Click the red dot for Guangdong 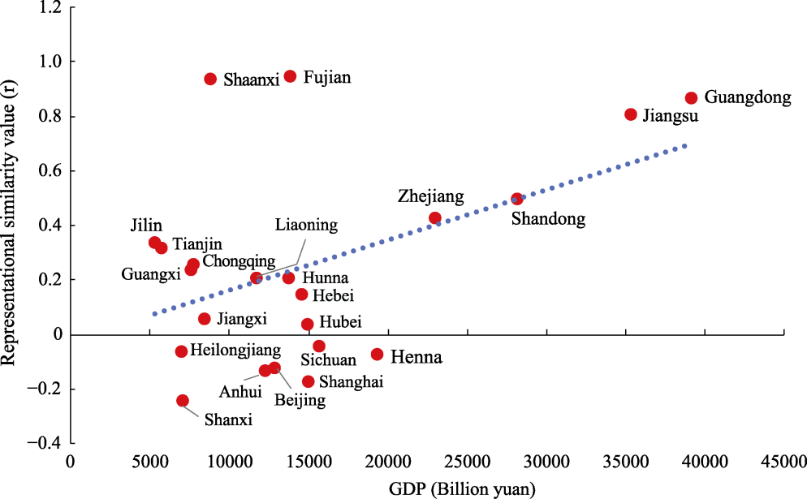pyautogui.click(x=691, y=98)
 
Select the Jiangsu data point pyautogui.click(x=631, y=114)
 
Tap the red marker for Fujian pyautogui.click(x=290, y=76)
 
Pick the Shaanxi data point pyautogui.click(x=210, y=79)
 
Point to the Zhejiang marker pyautogui.click(x=435, y=218)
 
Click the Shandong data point pyautogui.click(x=517, y=199)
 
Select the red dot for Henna pyautogui.click(x=377, y=355)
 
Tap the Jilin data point pyautogui.click(x=155, y=243)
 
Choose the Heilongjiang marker pyautogui.click(x=181, y=351)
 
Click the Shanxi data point pyautogui.click(x=183, y=401)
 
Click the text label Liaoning pyautogui.click(x=305, y=225)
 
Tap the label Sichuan pyautogui.click(x=328, y=360)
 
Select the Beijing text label pyautogui.click(x=300, y=400)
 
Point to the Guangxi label pyautogui.click(x=150, y=274)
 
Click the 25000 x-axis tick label pyautogui.click(x=467, y=461)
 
